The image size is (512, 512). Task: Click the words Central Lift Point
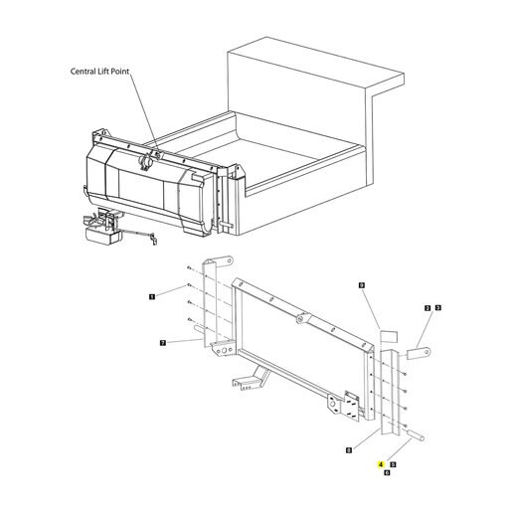(99, 72)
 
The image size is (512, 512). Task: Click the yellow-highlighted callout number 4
(381, 464)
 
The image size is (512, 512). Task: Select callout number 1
(152, 296)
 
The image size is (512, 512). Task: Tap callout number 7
(163, 343)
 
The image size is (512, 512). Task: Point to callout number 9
(362, 285)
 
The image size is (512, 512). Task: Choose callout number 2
(427, 308)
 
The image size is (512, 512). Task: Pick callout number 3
(438, 308)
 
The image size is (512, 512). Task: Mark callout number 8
(349, 450)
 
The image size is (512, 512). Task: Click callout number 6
(387, 472)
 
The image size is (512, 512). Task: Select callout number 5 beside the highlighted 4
(394, 464)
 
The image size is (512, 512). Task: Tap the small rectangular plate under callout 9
(389, 336)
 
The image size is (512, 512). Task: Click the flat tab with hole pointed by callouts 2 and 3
(419, 353)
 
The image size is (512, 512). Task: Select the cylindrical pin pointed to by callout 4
(417, 435)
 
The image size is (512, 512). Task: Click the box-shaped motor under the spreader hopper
(102, 236)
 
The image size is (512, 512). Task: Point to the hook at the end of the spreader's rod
(154, 240)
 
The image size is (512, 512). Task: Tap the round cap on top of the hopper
(146, 162)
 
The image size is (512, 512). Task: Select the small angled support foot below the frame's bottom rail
(251, 379)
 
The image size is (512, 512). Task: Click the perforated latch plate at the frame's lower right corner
(352, 406)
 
